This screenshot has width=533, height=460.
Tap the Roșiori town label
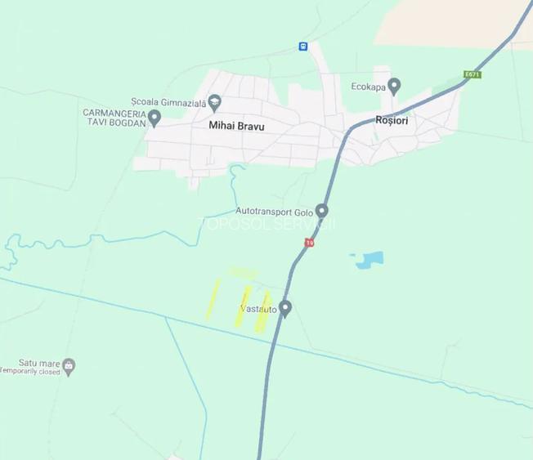pyautogui.click(x=391, y=120)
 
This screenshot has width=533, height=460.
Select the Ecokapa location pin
pyautogui.click(x=394, y=86)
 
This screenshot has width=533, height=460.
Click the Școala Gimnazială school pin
pyautogui.click(x=215, y=103)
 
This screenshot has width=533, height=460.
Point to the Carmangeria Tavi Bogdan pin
pyautogui.click(x=154, y=118)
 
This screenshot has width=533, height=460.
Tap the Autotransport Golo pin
pyautogui.click(x=322, y=210)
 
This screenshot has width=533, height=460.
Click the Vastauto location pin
pyautogui.click(x=285, y=308)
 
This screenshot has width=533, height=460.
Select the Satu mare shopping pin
pyautogui.click(x=69, y=365)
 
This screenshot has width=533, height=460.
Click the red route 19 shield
pyautogui.click(x=309, y=242)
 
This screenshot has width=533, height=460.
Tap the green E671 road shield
pyautogui.click(x=472, y=74)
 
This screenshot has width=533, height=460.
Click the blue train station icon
pyautogui.click(x=303, y=47)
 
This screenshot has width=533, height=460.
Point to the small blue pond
pyautogui.click(x=369, y=261)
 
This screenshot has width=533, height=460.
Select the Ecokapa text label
pyautogui.click(x=367, y=86)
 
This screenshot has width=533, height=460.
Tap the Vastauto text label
pyautogui.click(x=257, y=309)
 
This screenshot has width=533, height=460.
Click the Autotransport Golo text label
pyautogui.click(x=274, y=211)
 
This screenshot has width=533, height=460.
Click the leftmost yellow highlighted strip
pyautogui.click(x=213, y=298)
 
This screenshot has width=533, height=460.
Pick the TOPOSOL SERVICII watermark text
pyautogui.click(x=266, y=223)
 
